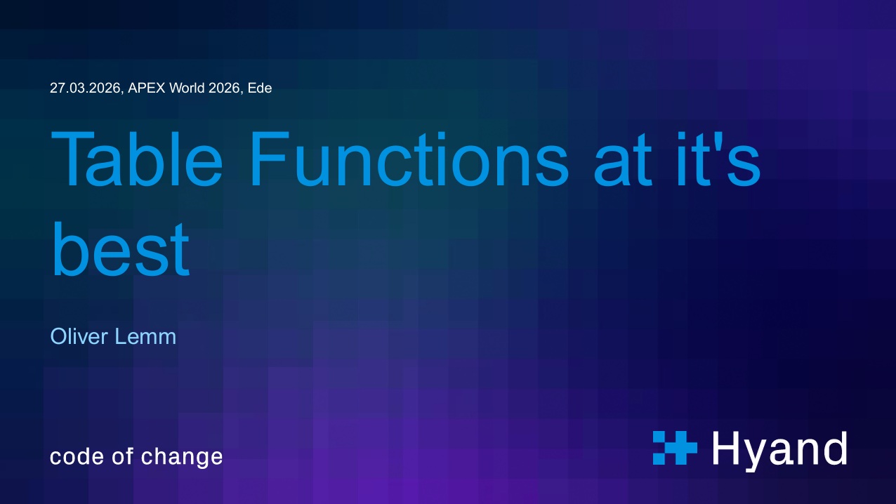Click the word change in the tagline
coord(182,458)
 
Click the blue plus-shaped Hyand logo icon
coord(674,448)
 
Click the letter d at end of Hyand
coord(834,448)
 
